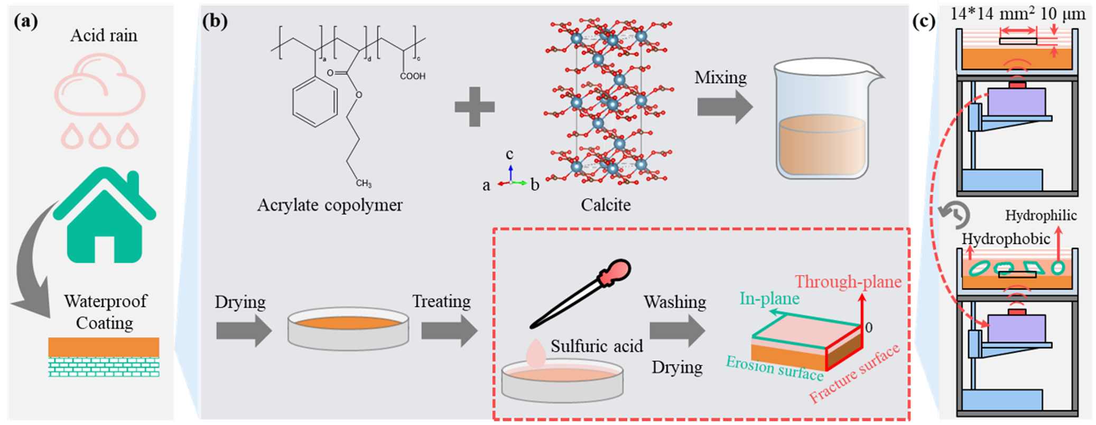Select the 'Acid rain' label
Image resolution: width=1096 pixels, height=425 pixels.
(104, 35)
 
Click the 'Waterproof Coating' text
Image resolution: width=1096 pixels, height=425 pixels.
(105, 311)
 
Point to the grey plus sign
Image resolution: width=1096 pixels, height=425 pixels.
(475, 107)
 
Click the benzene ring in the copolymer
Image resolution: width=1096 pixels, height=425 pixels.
(315, 102)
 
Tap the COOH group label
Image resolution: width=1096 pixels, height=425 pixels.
(412, 76)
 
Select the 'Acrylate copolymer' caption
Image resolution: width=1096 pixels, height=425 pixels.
(330, 205)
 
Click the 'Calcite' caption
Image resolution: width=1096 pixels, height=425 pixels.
(606, 205)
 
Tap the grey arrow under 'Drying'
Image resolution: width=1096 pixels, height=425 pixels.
(244, 331)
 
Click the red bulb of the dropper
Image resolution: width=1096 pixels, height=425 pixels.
(615, 272)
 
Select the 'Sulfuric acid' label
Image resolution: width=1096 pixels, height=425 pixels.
(597, 346)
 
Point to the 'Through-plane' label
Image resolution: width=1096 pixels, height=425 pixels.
(848, 281)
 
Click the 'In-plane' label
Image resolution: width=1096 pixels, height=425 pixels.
(769, 299)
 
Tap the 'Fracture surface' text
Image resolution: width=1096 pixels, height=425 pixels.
(854, 373)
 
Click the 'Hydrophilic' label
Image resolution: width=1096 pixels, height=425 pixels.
(1041, 215)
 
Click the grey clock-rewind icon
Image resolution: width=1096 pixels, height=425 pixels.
(954, 214)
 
